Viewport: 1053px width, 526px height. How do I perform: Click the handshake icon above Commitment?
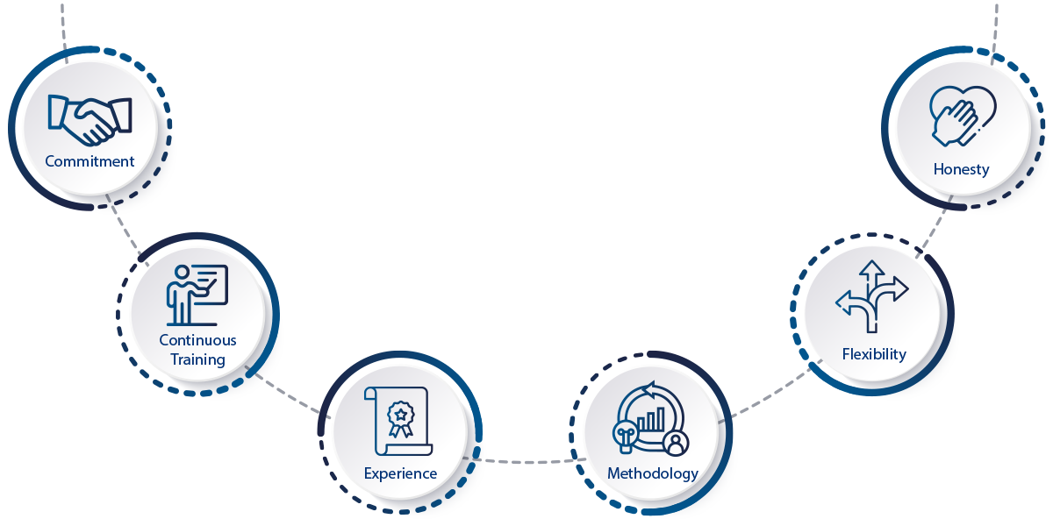point(90,120)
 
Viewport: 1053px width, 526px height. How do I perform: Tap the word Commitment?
point(90,161)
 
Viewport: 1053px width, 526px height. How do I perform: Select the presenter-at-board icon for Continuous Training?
point(197,295)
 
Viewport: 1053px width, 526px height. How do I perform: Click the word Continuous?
point(198,340)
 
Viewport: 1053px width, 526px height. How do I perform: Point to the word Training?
point(198,359)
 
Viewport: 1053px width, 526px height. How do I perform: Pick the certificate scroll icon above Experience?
point(398,422)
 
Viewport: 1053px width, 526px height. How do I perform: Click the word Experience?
point(400,473)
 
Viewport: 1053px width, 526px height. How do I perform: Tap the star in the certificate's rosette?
point(401,415)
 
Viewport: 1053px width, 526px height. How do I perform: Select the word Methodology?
point(653,473)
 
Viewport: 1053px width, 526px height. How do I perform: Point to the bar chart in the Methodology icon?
point(650,419)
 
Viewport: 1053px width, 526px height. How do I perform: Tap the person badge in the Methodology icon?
point(676,444)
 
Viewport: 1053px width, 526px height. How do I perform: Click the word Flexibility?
point(874,354)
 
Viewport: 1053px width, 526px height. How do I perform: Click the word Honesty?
point(962,169)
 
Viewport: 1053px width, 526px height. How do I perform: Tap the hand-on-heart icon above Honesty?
point(963,116)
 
